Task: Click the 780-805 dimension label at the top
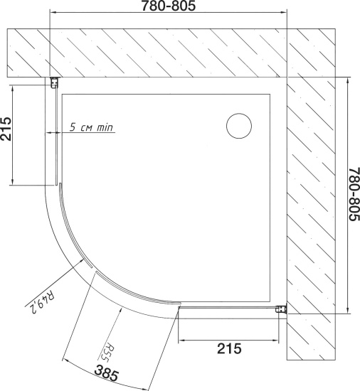click(x=169, y=6)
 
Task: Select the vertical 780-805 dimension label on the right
click(x=354, y=194)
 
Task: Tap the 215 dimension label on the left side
click(x=6, y=129)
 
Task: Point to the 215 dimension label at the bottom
click(x=229, y=348)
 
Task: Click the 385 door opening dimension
click(x=107, y=373)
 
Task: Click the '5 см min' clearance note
click(x=91, y=127)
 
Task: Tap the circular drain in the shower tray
click(x=239, y=126)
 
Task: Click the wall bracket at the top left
click(x=54, y=82)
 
